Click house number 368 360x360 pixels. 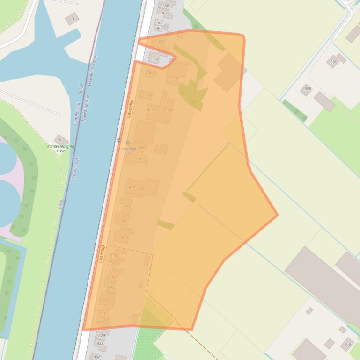166,6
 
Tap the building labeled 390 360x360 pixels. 333,62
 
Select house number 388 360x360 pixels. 308,89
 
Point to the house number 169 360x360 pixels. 347,345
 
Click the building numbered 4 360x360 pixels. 73,20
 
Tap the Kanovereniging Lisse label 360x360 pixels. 60,149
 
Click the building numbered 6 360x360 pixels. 60,139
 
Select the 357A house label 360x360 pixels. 173,78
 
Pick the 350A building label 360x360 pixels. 168,110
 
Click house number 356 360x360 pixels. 149,95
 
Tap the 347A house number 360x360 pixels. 131,187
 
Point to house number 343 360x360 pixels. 127,206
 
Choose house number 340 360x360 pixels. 125,238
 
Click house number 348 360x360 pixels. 139,159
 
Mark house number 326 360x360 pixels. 97,358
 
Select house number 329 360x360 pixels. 102,336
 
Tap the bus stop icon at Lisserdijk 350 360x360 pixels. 128,143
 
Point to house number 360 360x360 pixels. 155,59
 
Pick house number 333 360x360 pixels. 107,298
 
